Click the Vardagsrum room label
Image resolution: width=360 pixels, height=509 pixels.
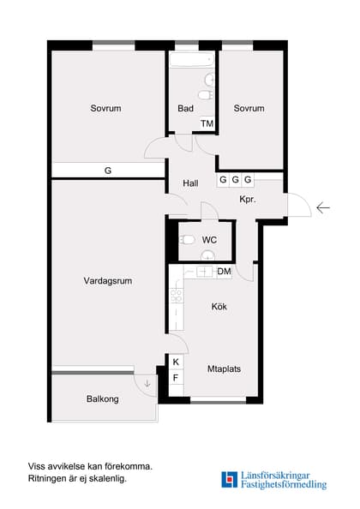point(107,280)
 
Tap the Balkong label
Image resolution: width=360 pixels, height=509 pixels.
point(102,399)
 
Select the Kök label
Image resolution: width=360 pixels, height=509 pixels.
point(219,305)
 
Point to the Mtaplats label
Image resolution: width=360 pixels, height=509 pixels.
point(224,369)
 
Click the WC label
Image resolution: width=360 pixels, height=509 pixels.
point(209,240)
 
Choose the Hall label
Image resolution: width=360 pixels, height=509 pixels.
point(191,183)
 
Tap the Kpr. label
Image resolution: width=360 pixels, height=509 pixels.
point(249,199)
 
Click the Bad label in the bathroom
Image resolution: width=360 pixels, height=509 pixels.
point(185,109)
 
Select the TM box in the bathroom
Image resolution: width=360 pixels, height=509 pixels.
point(207,123)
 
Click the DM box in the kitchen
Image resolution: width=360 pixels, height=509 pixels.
point(224,272)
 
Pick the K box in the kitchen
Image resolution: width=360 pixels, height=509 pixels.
point(177,362)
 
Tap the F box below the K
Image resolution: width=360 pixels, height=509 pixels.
point(177,378)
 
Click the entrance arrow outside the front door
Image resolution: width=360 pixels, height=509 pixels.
point(323,207)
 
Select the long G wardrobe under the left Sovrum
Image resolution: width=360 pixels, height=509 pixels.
point(108,171)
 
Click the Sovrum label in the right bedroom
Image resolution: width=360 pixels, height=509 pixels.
point(249,109)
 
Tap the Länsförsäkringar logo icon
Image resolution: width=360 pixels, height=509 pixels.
point(229,479)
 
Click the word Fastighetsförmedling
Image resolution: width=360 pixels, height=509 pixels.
point(284,485)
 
